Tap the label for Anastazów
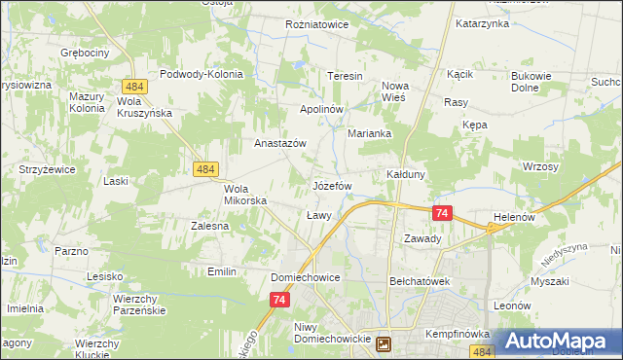[x=280, y=143]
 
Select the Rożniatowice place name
[x=316, y=24]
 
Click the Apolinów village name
[x=322, y=109]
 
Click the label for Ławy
[x=319, y=214]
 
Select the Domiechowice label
[x=305, y=277]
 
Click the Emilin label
[x=222, y=271]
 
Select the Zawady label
[x=422, y=238]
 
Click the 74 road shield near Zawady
[x=442, y=213]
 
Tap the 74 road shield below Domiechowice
[x=279, y=302]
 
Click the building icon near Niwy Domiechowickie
[x=385, y=343]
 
